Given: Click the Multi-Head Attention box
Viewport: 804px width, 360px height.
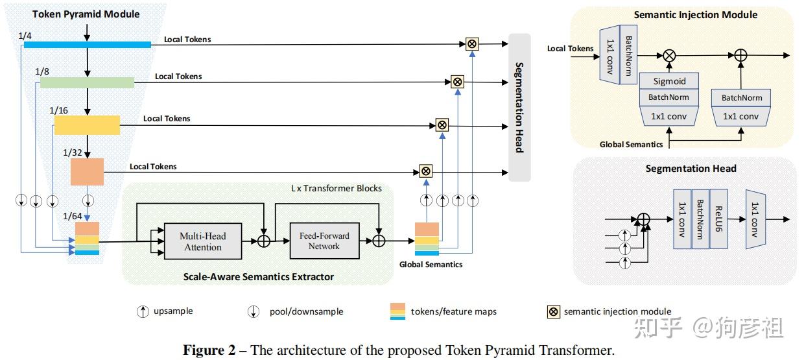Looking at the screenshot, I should coord(202,241).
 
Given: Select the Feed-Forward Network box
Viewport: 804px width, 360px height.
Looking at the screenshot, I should coord(324,241).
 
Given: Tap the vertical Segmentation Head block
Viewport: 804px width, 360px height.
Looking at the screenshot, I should coord(519,107).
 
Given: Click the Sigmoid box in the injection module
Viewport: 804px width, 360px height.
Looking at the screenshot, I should coord(669,81).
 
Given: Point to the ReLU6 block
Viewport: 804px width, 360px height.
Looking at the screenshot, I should coord(718,219).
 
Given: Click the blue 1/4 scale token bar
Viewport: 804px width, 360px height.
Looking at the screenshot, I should coord(87,45).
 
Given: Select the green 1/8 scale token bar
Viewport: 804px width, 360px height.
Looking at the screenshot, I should coord(87,82).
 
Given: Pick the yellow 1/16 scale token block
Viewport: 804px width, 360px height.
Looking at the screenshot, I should coord(87,125).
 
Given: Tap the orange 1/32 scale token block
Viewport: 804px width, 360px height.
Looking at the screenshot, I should coord(87,172).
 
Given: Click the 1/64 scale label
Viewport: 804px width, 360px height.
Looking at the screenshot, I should coord(73,215).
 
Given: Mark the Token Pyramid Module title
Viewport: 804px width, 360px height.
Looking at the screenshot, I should coord(86,14).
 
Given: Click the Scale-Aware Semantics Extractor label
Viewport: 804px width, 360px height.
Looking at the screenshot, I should coord(259,277).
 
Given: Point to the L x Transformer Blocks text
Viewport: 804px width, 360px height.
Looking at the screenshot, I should coord(336,188).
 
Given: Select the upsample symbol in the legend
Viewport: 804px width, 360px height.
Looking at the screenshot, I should coord(142,311).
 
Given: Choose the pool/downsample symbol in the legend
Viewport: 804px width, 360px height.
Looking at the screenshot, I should coord(254,311).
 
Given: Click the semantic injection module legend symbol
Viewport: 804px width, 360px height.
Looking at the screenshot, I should coord(553,311).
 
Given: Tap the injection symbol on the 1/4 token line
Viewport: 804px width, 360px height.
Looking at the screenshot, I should coord(472,44).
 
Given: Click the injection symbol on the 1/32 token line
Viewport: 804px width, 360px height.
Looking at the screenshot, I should coord(425,171).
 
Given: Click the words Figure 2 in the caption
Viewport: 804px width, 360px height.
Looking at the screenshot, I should coord(210,351).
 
